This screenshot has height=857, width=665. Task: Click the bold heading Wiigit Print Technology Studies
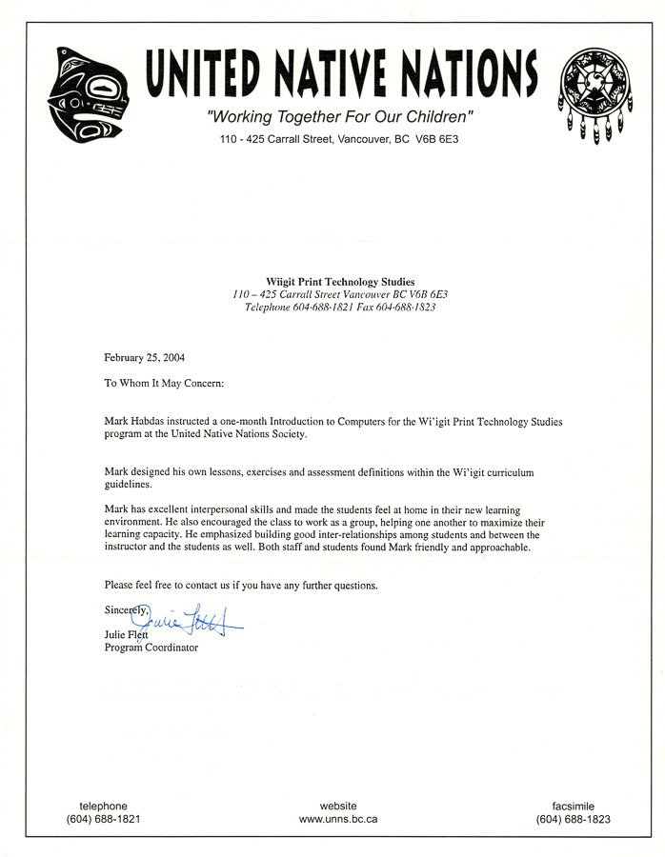pyautogui.click(x=333, y=282)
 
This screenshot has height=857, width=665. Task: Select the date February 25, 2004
pyautogui.click(x=144, y=358)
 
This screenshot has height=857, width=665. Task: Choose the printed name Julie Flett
pyautogui.click(x=126, y=635)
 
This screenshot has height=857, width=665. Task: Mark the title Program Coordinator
pyautogui.click(x=151, y=648)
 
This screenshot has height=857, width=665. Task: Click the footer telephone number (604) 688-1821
pyautogui.click(x=103, y=819)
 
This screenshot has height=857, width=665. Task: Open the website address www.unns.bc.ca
pyautogui.click(x=338, y=819)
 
